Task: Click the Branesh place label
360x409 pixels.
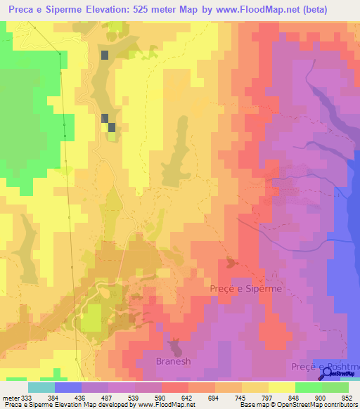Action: tap(174, 362)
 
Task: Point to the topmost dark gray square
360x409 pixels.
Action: tap(105, 55)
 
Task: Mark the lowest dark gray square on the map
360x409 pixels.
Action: tap(111, 127)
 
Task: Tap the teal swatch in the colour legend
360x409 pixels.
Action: tap(41, 387)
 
